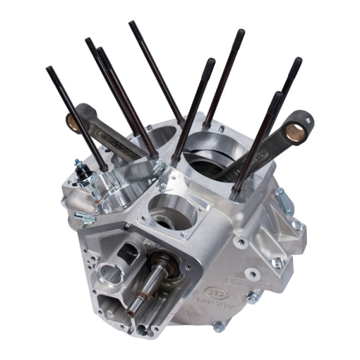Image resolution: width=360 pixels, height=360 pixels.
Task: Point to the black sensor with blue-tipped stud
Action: (82, 173)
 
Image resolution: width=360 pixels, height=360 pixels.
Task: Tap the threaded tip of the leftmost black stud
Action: (50, 72)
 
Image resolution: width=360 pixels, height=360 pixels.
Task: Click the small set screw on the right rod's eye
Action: (308, 120)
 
